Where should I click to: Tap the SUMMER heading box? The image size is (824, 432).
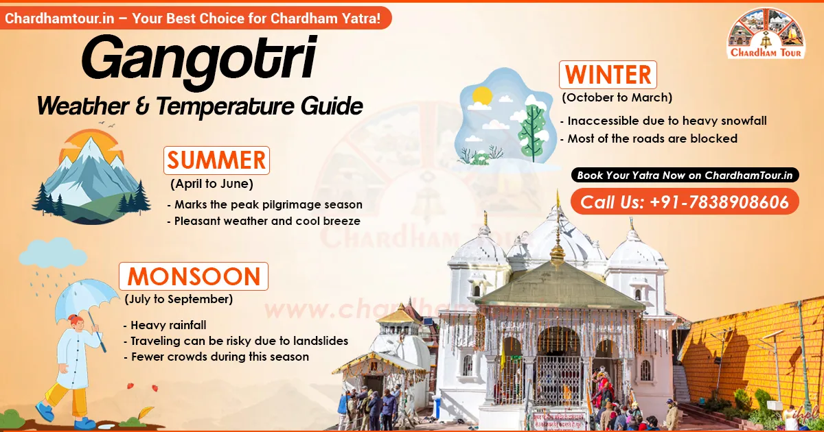[x=216, y=160]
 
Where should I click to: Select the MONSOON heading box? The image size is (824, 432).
[x=194, y=276]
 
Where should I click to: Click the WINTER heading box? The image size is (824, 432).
[x=608, y=75]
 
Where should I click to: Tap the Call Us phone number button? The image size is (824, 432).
[x=685, y=202]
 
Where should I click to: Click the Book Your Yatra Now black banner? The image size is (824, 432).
[x=685, y=176]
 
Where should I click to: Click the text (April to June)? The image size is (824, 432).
[x=211, y=184]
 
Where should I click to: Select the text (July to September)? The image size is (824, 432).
[x=179, y=299]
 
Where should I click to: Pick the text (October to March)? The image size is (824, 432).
[x=617, y=97]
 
